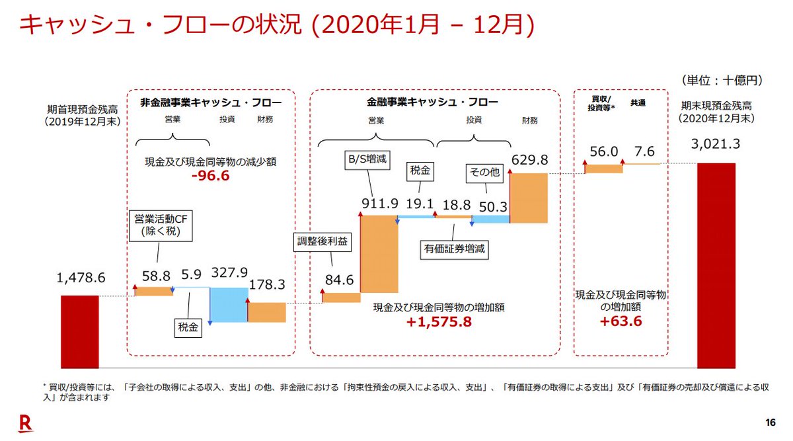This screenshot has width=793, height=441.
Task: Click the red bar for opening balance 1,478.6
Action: [x=79, y=331]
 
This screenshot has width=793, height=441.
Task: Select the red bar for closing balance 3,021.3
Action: [x=716, y=265]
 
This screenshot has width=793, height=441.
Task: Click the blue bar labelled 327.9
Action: [x=228, y=304]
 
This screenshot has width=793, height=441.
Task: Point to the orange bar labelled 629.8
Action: [x=529, y=197]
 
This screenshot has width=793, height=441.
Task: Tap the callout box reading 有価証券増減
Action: [x=454, y=249]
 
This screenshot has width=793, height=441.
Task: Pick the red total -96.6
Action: [x=210, y=177]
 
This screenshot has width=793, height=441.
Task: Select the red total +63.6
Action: [x=622, y=321]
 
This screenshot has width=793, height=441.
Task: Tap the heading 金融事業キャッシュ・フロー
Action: [x=433, y=102]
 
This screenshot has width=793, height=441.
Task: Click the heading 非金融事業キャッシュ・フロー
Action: [x=210, y=102]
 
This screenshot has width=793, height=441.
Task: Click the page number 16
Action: [x=770, y=423]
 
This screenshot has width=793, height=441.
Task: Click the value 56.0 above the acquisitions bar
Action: [x=604, y=152]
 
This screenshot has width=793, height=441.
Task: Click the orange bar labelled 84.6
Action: [x=341, y=298]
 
